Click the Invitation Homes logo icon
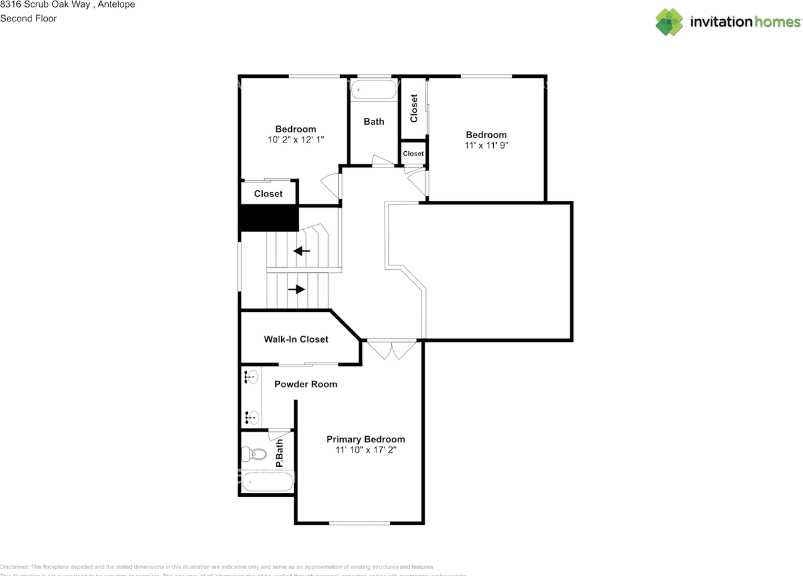point(669,22)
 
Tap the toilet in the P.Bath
point(253,453)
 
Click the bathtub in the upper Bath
point(374,90)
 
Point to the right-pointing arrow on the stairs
point(297,289)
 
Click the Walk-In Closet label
point(295,339)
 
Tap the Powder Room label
point(306,384)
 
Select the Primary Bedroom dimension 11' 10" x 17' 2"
point(365,450)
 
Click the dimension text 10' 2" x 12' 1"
point(295,140)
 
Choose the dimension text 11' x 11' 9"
point(486,145)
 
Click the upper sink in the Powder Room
point(252,378)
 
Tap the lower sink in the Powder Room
point(252,416)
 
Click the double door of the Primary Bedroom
point(391,349)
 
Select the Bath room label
point(374,122)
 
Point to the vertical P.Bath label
point(280,454)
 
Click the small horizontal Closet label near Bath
point(413,154)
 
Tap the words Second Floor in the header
point(28,18)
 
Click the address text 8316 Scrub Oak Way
point(45,4)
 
